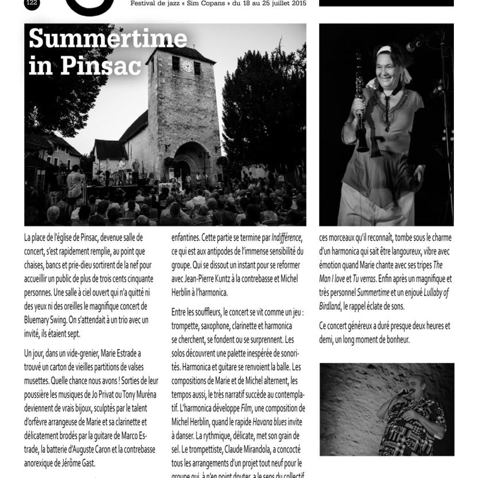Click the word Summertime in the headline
pos(107,38)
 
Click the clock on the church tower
pos(187,65)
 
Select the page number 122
pos(32,2)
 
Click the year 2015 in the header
pos(297,3)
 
